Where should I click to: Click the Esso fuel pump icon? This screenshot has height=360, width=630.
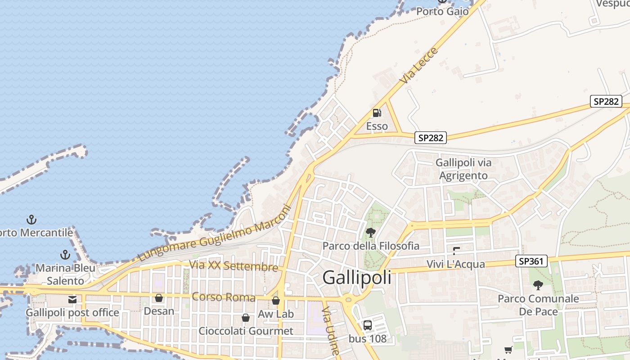(377, 113)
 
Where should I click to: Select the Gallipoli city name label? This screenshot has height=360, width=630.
(357, 278)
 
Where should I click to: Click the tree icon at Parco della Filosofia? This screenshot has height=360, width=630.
(371, 233)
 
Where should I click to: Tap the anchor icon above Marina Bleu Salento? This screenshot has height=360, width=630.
(65, 255)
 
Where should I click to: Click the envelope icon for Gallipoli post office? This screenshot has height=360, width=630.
(72, 300)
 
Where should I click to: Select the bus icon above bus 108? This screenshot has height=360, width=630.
(368, 325)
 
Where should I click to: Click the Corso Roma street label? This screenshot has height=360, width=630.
(223, 297)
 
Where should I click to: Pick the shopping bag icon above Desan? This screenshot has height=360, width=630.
(158, 298)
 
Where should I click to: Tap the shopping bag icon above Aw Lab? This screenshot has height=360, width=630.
(276, 301)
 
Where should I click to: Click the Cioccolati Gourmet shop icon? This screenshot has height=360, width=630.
(246, 318)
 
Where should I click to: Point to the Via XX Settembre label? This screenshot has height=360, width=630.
(234, 265)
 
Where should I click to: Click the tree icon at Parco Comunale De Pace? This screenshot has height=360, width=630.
(538, 285)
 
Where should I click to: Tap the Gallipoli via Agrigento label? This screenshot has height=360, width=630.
(463, 169)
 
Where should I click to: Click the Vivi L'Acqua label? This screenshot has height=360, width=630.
(456, 264)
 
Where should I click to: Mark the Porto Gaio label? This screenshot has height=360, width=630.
(442, 11)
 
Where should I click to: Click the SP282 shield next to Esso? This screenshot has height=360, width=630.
(431, 138)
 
